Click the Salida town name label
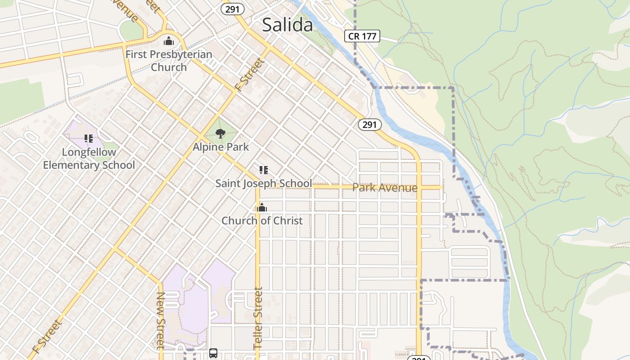(287, 25)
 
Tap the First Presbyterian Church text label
(169, 61)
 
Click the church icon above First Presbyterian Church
(169, 41)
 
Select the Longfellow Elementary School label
(89, 158)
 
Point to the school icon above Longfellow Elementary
(88, 139)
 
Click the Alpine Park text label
(220, 147)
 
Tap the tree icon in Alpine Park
(220, 134)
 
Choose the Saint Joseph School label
(263, 183)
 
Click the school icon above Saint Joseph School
(264, 170)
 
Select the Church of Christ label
(262, 220)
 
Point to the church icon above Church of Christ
(261, 207)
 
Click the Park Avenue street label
(385, 187)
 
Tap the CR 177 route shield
(362, 36)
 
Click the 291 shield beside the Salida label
(233, 9)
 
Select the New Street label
(160, 320)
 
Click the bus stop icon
(213, 353)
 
